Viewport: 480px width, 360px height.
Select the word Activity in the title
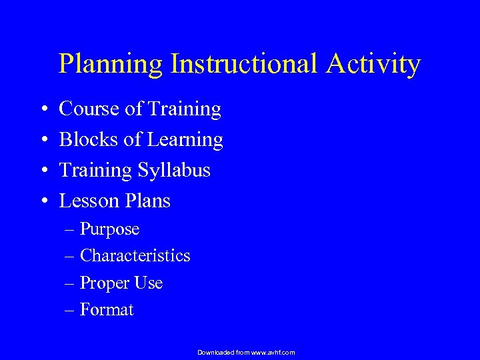(x=379, y=65)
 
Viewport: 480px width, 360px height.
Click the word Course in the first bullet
(x=90, y=109)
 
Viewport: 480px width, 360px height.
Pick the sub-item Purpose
(x=109, y=229)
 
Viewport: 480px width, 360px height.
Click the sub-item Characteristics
(x=135, y=256)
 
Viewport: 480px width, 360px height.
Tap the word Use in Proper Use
(x=149, y=283)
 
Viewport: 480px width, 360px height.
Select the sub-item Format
(x=107, y=310)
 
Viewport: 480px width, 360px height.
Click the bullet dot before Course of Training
(x=42, y=109)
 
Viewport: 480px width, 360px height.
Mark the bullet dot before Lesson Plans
(x=42, y=201)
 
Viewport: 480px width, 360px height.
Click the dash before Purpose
(x=71, y=230)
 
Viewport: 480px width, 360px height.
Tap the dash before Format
(x=71, y=311)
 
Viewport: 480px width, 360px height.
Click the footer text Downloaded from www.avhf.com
(x=246, y=352)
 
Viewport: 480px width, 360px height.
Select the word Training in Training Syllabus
(x=96, y=171)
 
